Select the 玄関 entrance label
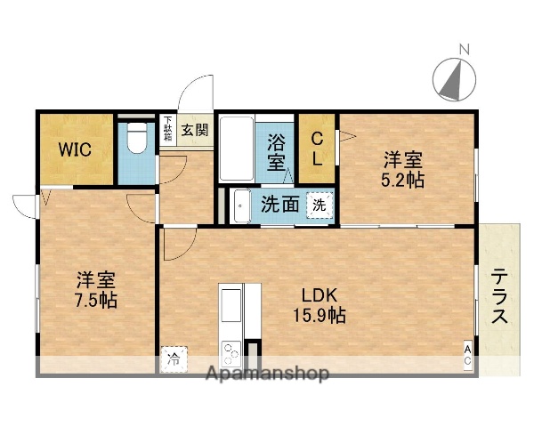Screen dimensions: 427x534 click(195, 130)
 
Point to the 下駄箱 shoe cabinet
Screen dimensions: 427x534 click(167, 130)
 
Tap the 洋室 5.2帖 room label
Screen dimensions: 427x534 click(403, 169)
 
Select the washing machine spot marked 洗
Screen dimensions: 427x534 click(319, 205)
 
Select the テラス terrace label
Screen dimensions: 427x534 click(500, 298)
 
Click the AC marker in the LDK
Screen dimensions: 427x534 click(467, 359)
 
